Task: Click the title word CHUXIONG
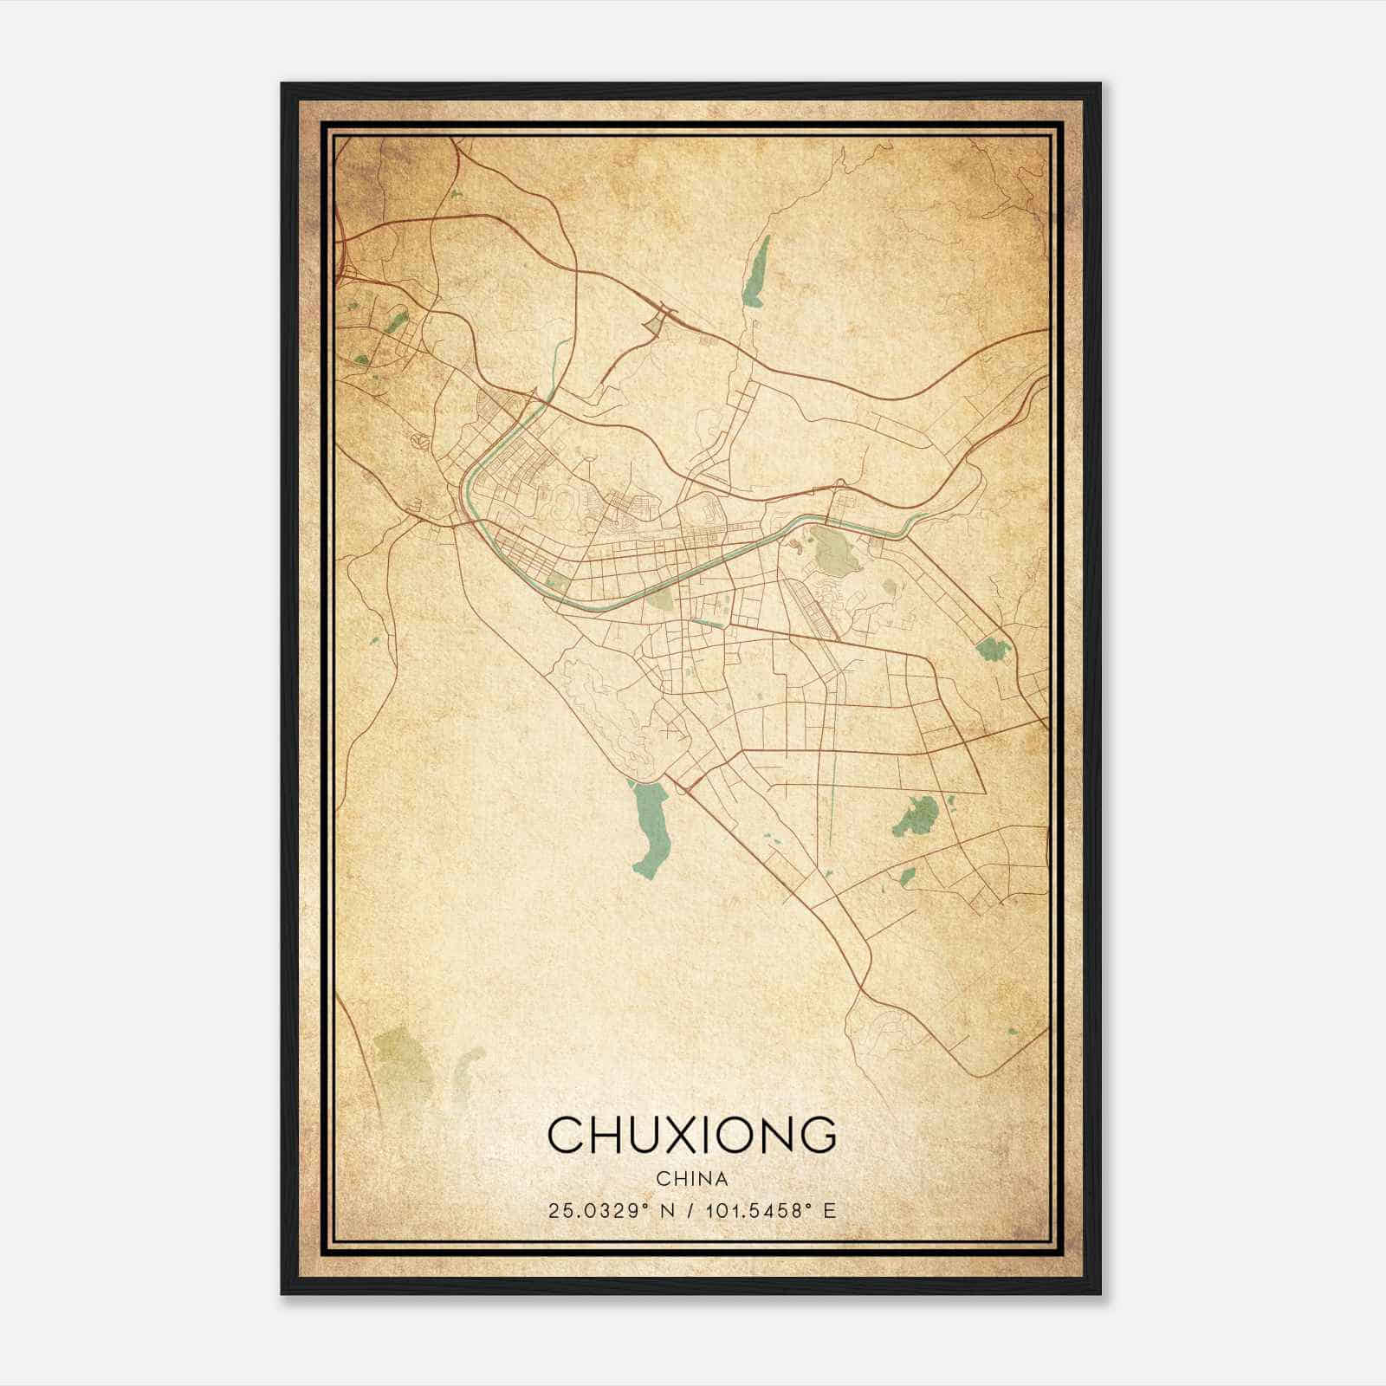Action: coord(692,1134)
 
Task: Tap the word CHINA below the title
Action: coord(692,1179)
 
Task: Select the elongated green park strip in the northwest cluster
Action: coord(397,323)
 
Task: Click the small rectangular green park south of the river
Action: coord(556,583)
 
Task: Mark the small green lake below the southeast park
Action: coord(907,878)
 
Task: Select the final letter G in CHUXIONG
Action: coord(819,1134)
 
